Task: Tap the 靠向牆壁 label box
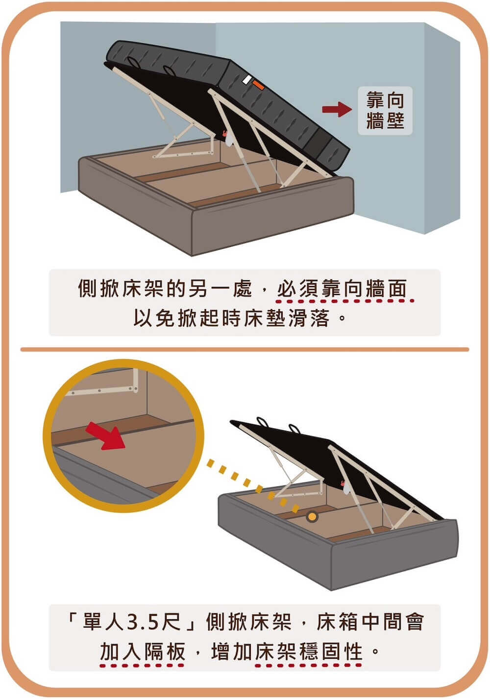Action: click(x=385, y=111)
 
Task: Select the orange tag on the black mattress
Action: click(x=259, y=85)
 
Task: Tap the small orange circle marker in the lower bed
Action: click(x=311, y=516)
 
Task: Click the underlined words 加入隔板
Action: click(x=143, y=652)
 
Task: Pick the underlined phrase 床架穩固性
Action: click(x=309, y=652)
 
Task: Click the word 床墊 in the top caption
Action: click(x=267, y=318)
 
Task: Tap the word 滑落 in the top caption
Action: click(x=312, y=318)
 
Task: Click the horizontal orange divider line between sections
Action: click(x=245, y=349)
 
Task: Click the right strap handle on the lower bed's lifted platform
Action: click(x=294, y=430)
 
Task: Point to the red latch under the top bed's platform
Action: click(x=225, y=133)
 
